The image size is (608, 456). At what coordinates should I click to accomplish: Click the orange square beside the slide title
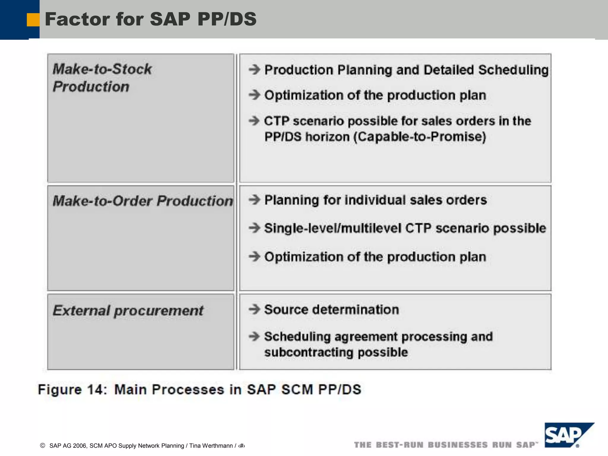(x=33, y=20)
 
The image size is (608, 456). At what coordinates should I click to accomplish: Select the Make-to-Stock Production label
(x=102, y=77)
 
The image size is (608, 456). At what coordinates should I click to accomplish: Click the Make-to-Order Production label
(x=143, y=201)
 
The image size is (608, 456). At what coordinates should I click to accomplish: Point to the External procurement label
(x=128, y=311)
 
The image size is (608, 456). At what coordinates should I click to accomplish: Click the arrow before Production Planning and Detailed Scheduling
(x=254, y=70)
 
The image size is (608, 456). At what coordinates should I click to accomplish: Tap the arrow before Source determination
(x=254, y=309)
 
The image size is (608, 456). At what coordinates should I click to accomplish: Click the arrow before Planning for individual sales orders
(x=254, y=200)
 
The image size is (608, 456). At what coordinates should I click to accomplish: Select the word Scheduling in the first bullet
(x=513, y=70)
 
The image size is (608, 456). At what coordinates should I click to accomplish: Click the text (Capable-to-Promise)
(x=419, y=137)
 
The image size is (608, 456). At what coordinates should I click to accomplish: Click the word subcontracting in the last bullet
(x=308, y=352)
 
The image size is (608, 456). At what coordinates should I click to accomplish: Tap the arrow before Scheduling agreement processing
(x=254, y=337)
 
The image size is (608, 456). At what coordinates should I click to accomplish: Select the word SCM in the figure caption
(x=297, y=389)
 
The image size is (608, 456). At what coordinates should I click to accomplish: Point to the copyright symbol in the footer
(x=42, y=445)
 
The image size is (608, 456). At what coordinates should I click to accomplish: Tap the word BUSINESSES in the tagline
(x=458, y=445)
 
